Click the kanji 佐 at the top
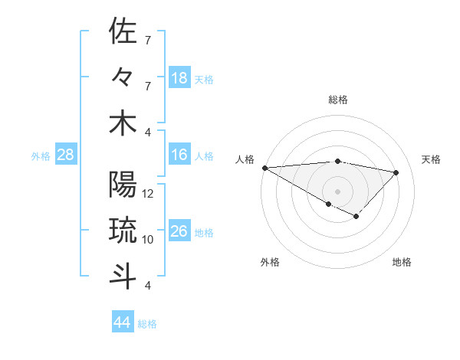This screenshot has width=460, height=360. [x=123, y=31]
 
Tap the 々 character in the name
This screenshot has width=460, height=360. [x=123, y=77]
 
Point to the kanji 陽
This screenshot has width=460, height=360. [x=123, y=185]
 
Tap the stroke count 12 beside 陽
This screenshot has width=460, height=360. [x=149, y=194]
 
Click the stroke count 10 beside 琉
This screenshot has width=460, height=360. [x=149, y=240]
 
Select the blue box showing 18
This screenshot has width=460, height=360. [x=179, y=77]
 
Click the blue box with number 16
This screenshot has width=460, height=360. [x=179, y=155]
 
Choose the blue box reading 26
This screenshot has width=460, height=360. [x=179, y=231]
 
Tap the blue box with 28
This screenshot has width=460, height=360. [x=65, y=155]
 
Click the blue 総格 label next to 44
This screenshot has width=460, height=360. [x=147, y=324]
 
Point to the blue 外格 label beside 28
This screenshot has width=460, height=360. [x=41, y=156]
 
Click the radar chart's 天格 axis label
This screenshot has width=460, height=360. [x=432, y=159]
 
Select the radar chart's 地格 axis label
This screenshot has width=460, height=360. [x=402, y=262]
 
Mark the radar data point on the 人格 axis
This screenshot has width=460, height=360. [x=264, y=167]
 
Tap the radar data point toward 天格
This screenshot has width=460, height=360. [x=396, y=172]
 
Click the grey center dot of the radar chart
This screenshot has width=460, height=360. [x=337, y=190]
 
